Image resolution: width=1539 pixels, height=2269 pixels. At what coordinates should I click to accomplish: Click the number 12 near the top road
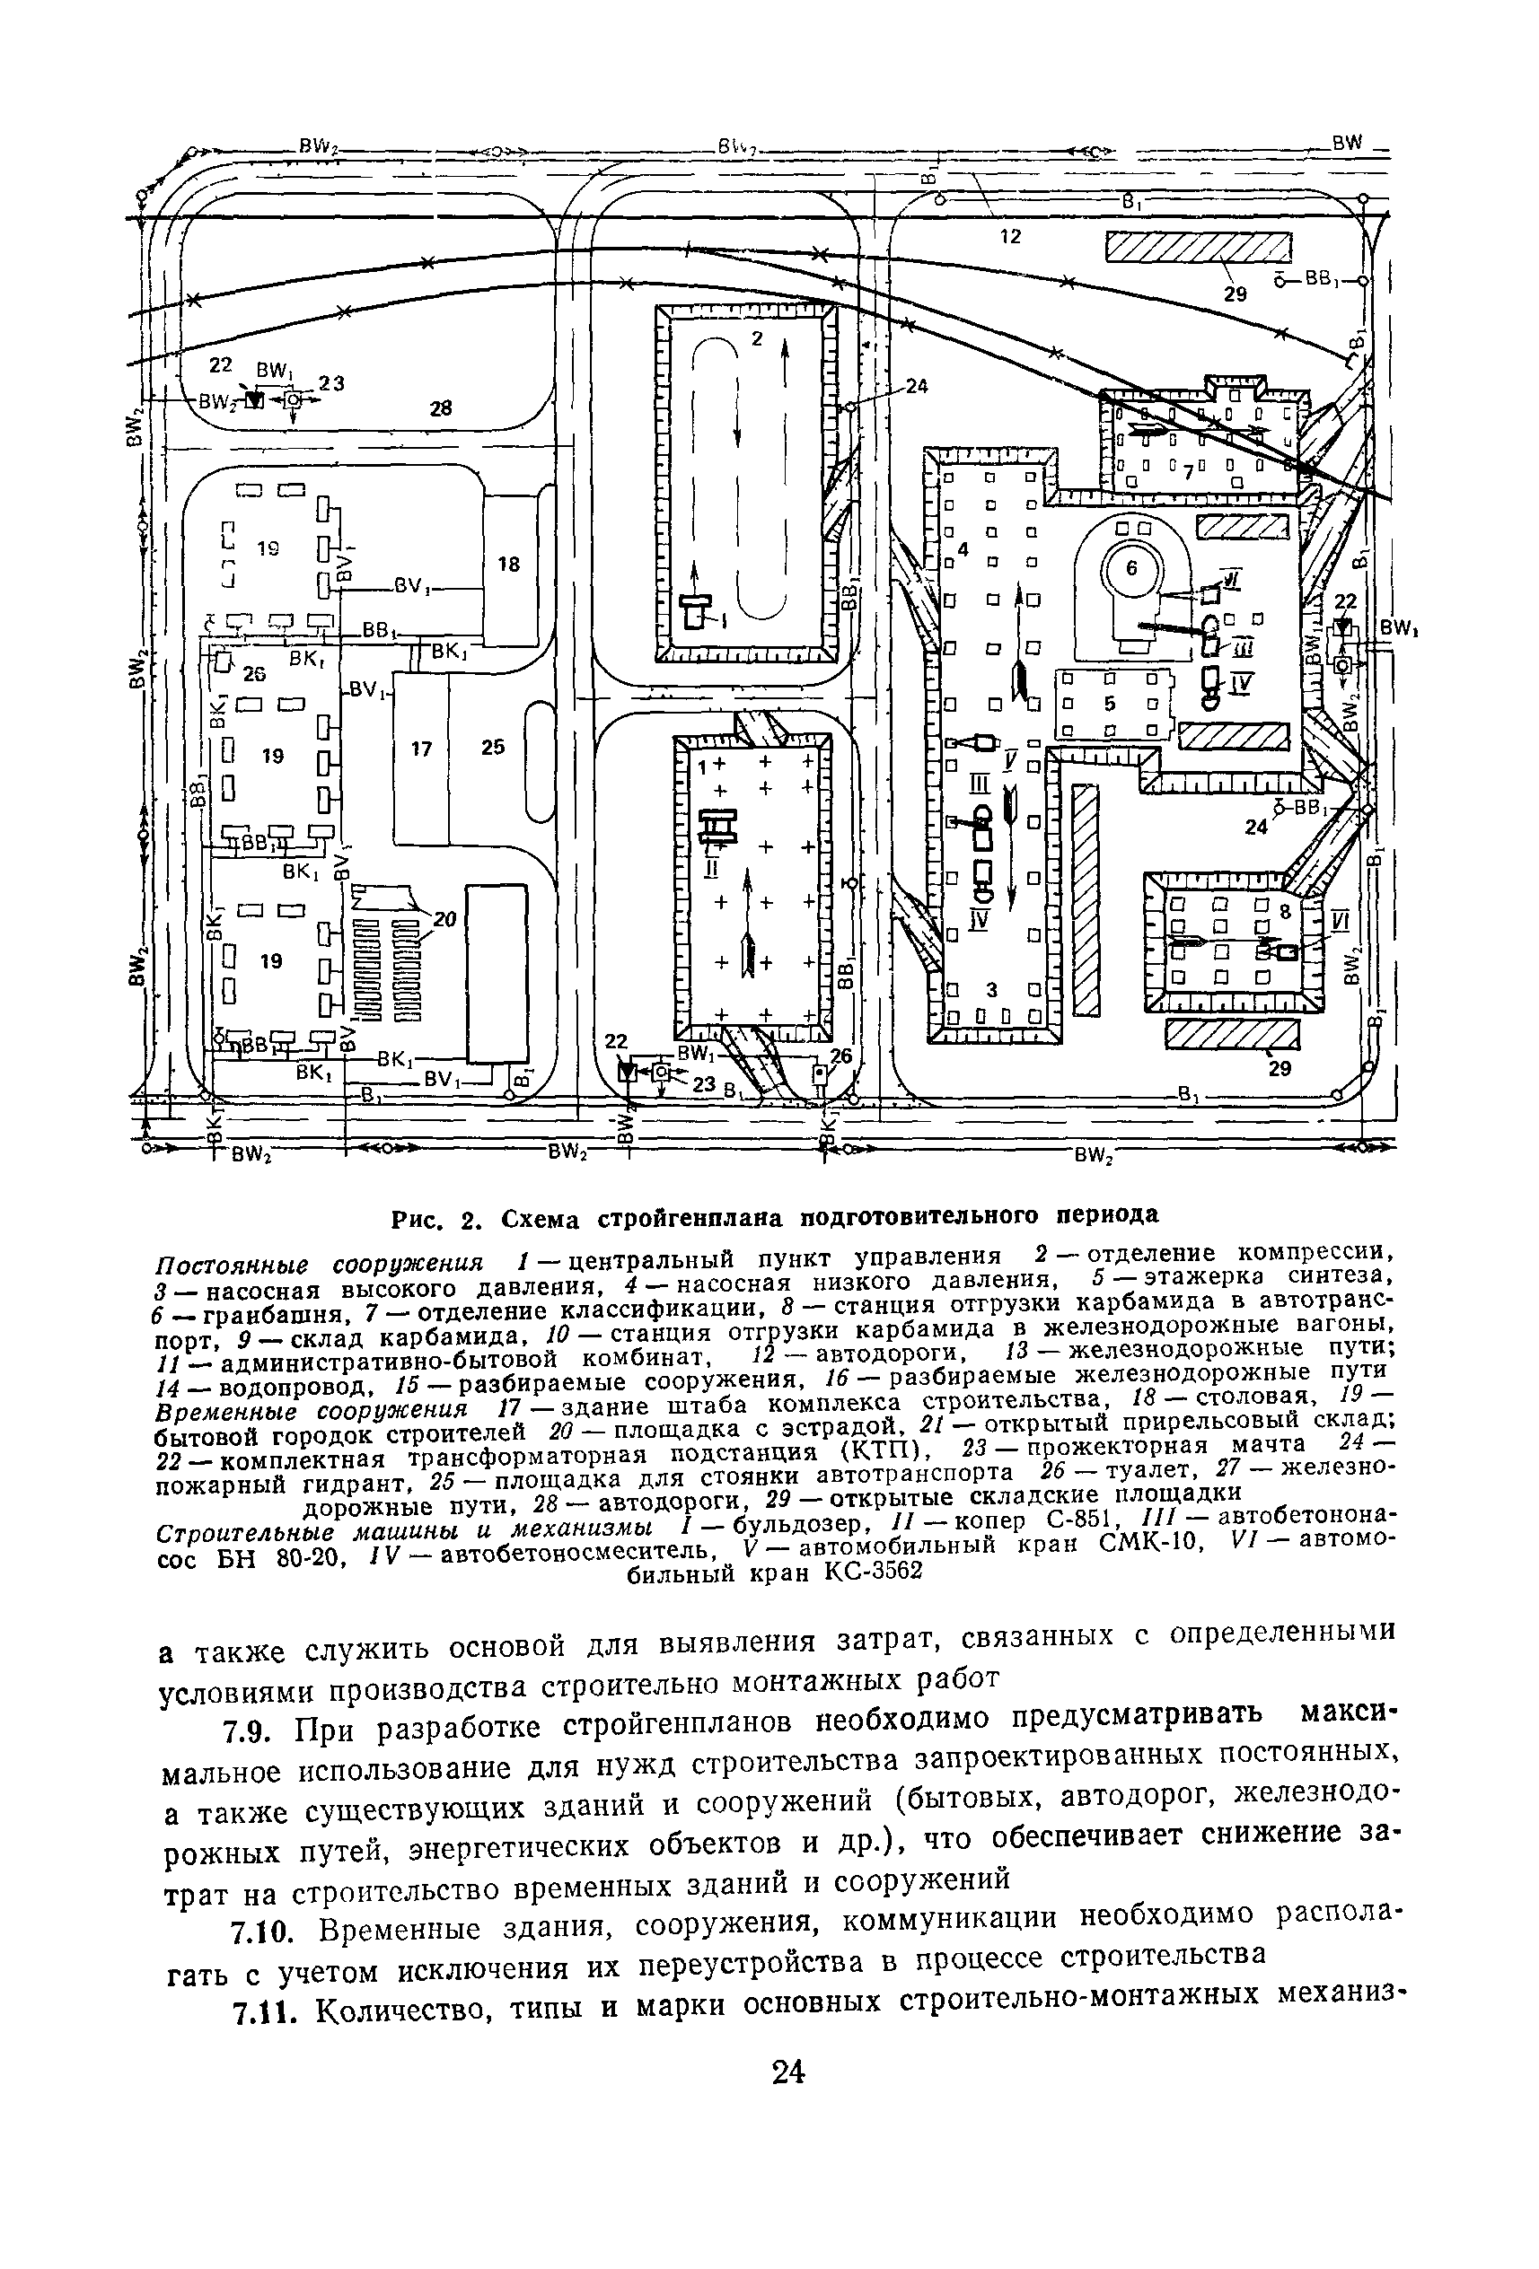click(1010, 235)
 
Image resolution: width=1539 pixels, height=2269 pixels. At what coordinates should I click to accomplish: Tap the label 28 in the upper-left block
click(442, 408)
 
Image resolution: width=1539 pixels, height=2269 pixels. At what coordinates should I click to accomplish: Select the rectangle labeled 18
click(509, 565)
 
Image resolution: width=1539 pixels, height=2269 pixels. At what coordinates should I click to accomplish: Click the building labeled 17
click(421, 749)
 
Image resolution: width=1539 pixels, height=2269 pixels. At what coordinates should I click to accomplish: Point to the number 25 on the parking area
click(493, 747)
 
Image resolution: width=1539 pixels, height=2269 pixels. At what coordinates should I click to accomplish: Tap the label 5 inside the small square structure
click(1109, 702)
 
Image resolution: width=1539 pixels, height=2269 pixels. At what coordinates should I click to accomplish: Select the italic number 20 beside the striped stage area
click(445, 919)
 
